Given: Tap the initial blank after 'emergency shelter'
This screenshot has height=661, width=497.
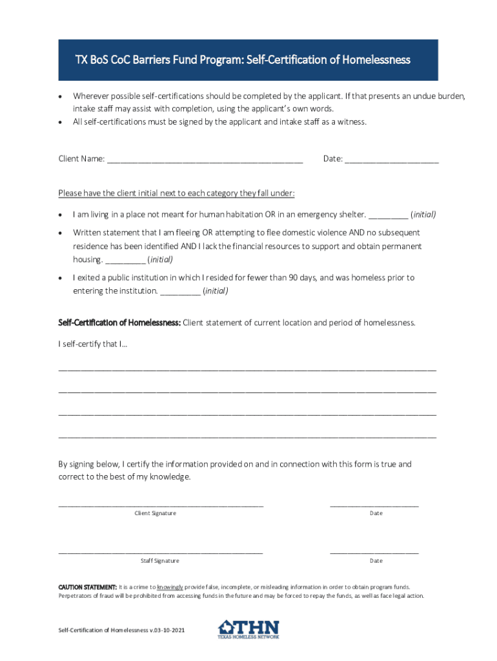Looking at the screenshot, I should point(388,216).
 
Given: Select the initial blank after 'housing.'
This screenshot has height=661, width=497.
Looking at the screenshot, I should point(125,261).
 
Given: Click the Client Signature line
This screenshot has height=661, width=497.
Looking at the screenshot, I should point(161,505).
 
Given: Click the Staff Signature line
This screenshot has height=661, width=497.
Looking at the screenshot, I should point(161,553).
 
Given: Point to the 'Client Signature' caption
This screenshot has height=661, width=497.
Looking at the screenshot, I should point(155,513).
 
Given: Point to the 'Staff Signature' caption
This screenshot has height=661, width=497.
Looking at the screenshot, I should point(160,561).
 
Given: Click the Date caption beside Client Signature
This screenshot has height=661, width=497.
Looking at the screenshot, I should point(376,513).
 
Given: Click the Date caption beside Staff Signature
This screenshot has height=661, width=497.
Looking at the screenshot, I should point(376,561).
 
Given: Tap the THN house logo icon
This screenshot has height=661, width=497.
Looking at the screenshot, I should point(227,627).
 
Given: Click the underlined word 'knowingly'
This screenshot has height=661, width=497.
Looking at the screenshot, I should point(170,587).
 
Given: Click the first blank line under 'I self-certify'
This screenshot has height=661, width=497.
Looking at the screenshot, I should point(247,369).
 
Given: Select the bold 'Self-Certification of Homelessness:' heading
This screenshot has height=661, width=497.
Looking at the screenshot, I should point(120,322).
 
